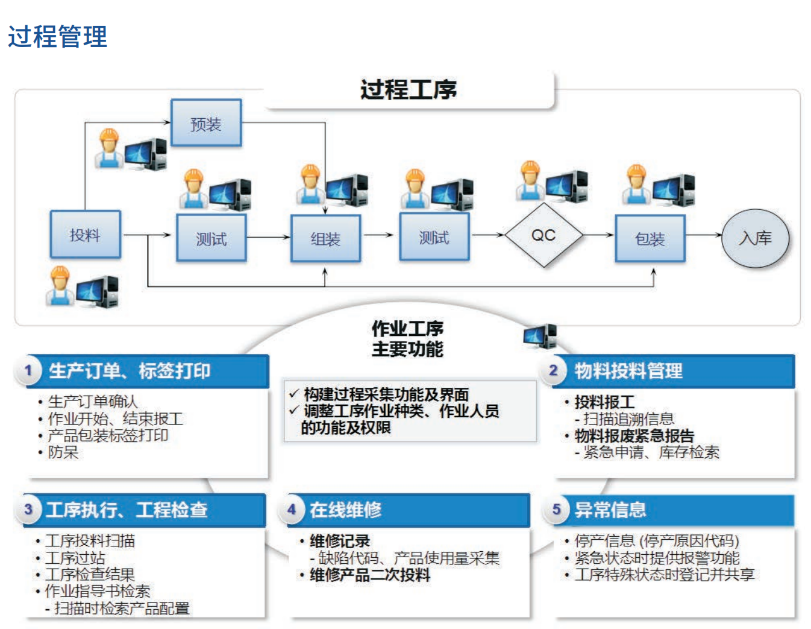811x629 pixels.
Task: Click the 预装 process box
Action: [206, 123]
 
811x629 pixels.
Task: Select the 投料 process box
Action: [85, 234]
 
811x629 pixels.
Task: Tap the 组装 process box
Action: [325, 238]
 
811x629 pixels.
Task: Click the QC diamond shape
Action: [543, 235]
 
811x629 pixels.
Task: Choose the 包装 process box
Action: [650, 238]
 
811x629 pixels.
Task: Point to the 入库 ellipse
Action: [755, 238]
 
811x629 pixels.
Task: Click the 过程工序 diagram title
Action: [409, 90]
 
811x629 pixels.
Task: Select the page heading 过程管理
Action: [57, 36]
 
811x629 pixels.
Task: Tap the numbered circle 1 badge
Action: [28, 370]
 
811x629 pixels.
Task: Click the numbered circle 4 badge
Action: [292, 510]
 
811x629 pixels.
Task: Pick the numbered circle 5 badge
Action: [556, 510]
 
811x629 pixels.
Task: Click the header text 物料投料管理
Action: [628, 370]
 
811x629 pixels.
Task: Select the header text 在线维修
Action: [345, 510]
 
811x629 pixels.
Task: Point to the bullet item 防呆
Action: [63, 452]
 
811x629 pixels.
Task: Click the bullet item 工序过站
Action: [75, 558]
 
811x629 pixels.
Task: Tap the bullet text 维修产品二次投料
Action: [369, 575]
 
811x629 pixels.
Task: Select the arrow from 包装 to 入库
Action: [704, 235]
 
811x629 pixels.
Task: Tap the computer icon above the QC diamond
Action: [566, 184]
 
